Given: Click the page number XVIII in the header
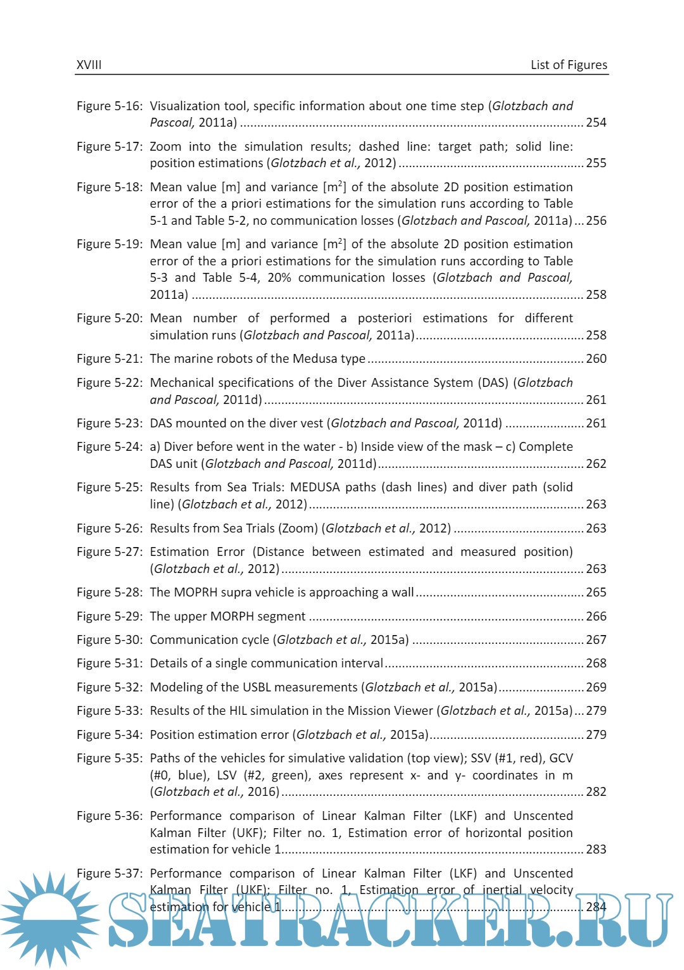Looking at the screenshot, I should pyautogui.click(x=89, y=65).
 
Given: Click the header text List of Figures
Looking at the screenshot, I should pyautogui.click(x=568, y=65).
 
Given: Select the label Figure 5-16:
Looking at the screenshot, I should pyautogui.click(x=110, y=106).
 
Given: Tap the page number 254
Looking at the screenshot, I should pyautogui.click(x=596, y=122).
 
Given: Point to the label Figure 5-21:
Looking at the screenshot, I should pyautogui.click(x=110, y=358).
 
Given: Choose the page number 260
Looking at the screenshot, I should pyautogui.click(x=596, y=358).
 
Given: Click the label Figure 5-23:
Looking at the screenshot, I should pyautogui.click(x=110, y=423).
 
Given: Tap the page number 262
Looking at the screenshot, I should pyautogui.click(x=596, y=463).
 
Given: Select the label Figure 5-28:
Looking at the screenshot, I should pyautogui.click(x=110, y=592).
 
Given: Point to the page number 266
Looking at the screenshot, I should pyautogui.click(x=596, y=616).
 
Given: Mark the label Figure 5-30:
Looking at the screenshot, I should pyautogui.click(x=110, y=639).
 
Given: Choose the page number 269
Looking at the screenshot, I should pyautogui.click(x=596, y=687).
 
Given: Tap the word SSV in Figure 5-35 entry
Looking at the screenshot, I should pyautogui.click(x=481, y=758).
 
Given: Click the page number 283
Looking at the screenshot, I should pyautogui.click(x=596, y=849).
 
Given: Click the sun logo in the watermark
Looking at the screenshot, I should pyautogui.click(x=49, y=918).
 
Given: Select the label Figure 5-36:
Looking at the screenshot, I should pyautogui.click(x=110, y=816).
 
